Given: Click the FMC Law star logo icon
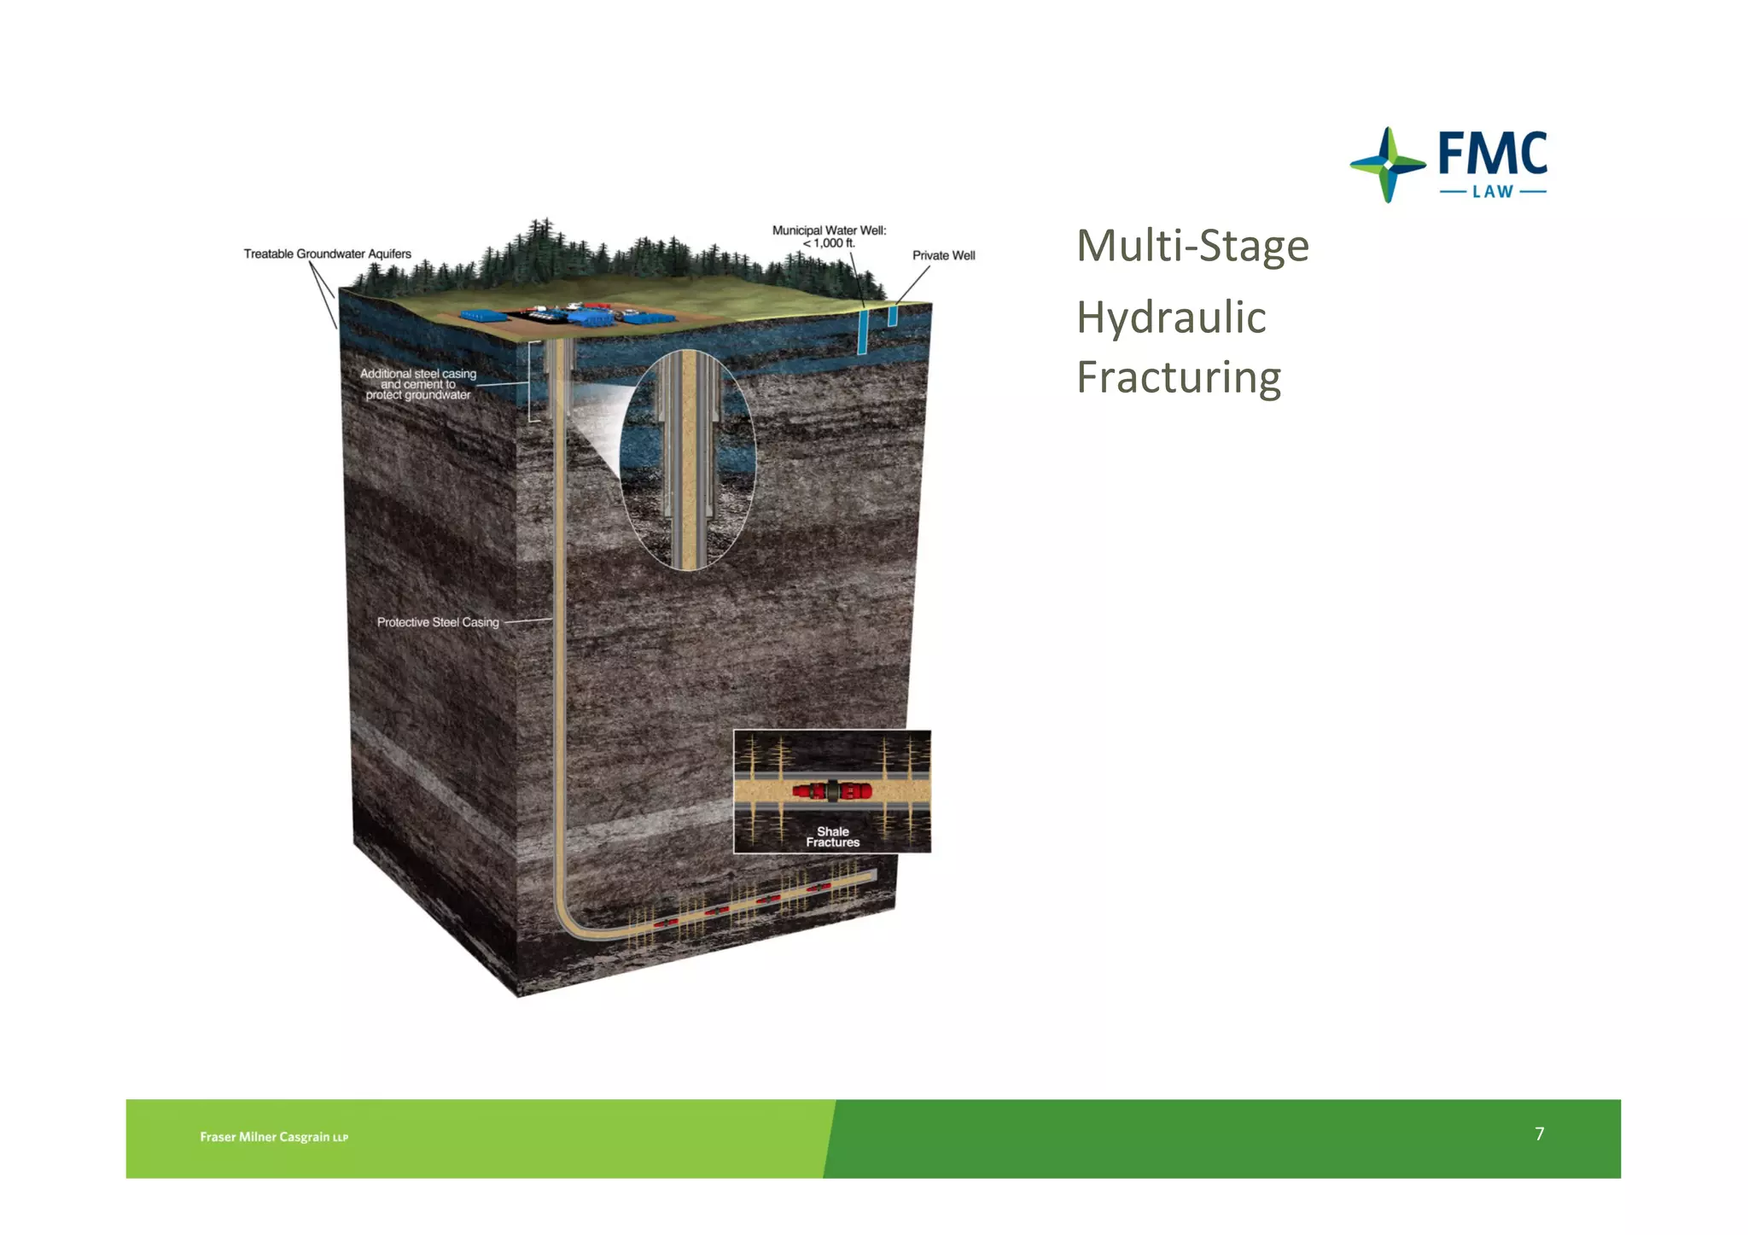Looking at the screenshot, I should click(1387, 165).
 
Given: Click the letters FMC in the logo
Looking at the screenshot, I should click(1492, 153).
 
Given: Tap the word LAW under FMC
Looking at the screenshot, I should click(1493, 192).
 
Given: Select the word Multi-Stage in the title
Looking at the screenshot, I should click(1192, 246).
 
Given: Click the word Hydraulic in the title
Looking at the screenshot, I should click(1171, 317).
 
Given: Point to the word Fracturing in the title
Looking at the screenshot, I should click(1179, 377).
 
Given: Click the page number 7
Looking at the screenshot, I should click(1539, 1133).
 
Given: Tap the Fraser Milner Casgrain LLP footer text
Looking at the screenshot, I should click(274, 1137).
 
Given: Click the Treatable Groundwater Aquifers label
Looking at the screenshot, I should click(327, 253).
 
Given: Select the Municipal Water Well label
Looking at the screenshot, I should click(829, 236).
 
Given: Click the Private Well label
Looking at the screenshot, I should click(943, 255).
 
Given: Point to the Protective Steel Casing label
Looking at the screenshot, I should click(438, 622).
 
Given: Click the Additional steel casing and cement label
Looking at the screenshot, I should click(418, 384).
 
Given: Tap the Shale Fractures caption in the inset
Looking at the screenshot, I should click(832, 836).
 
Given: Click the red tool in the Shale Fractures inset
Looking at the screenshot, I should click(831, 790).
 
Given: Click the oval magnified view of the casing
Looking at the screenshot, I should click(688, 461).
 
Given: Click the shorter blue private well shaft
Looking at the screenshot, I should click(893, 315).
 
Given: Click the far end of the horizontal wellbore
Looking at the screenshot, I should click(871, 876).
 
